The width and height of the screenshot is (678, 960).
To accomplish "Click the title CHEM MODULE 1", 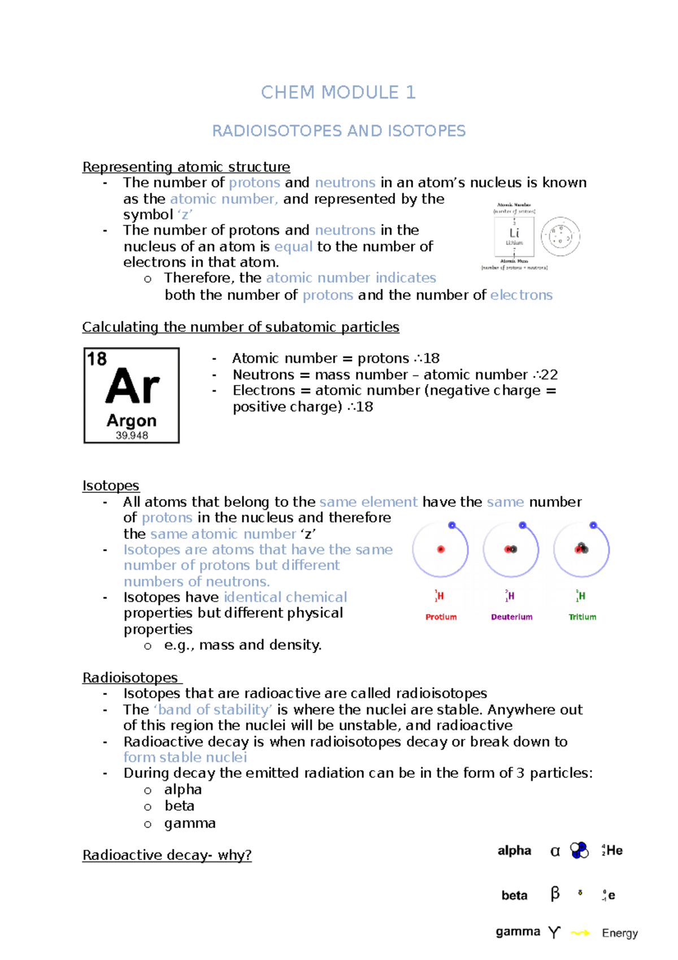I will [x=338, y=92].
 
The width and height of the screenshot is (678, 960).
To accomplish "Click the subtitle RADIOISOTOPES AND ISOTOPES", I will [x=338, y=131].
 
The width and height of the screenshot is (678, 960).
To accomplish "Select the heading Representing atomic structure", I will [x=186, y=167].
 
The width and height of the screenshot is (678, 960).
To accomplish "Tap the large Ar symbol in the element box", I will [x=132, y=387].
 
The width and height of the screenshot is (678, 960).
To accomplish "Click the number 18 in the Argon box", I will [x=97, y=359].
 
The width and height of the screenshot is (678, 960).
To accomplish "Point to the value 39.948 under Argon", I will [x=132, y=435].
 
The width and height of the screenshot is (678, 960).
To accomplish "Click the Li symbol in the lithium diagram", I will [x=514, y=233].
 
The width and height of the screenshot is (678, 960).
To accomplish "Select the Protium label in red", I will [x=441, y=617].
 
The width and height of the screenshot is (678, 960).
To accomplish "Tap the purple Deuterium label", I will [x=511, y=617].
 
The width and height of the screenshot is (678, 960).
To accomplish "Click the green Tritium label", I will [x=582, y=617].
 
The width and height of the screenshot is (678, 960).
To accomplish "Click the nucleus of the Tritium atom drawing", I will [x=581, y=548].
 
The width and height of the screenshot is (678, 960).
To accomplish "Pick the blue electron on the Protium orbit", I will [x=451, y=525].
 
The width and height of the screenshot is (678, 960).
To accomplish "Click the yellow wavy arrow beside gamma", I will [x=580, y=932].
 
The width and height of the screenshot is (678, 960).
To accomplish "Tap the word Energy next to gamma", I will [x=619, y=933].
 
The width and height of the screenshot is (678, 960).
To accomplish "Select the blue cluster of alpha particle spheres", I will [x=579, y=850].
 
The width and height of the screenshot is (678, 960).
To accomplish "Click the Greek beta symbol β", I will [x=555, y=893].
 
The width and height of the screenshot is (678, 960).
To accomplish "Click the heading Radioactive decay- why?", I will [x=167, y=855].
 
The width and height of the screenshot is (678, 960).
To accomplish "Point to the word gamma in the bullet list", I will [x=190, y=823].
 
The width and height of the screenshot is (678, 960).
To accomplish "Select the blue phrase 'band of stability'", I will [x=213, y=710].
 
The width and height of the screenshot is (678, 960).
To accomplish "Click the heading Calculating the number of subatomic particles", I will [x=241, y=327].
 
